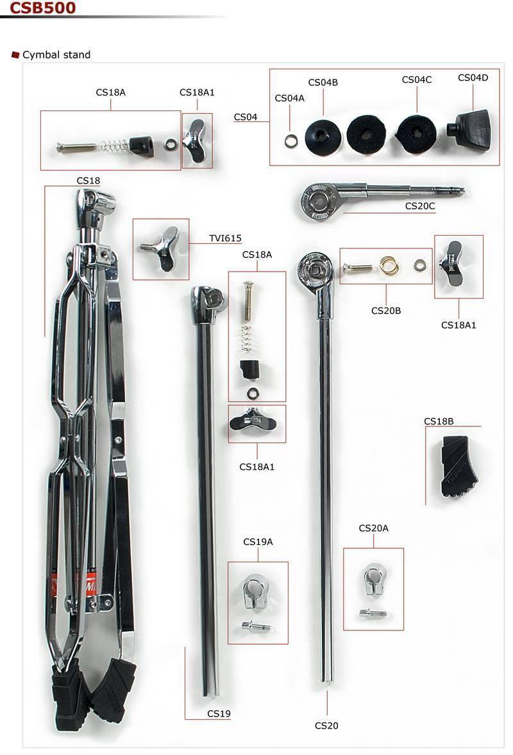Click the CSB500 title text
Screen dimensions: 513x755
pos(42,8)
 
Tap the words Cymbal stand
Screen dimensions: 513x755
pos(56,55)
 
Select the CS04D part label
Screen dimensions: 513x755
pos(473,78)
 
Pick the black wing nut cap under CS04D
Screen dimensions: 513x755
pos(469,126)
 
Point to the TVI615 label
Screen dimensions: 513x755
pos(225,238)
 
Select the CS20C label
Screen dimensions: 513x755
pos(420,206)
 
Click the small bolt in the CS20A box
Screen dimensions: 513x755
pos(373,613)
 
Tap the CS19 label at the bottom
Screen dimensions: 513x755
pos(219,714)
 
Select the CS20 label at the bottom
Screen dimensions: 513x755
pos(326,725)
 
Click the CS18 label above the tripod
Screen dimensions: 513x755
pos(88,181)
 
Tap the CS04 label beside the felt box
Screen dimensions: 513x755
pos(246,117)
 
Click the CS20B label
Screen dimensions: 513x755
pos(385,311)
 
